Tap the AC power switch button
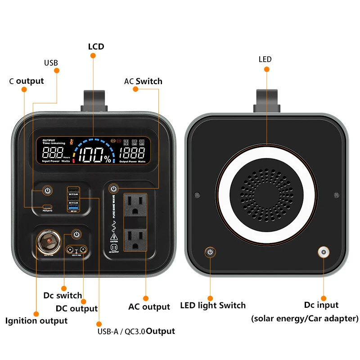(x=114, y=188)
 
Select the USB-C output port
(x=47, y=207)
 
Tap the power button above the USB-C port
(x=47, y=191)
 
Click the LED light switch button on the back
(x=210, y=252)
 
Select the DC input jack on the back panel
(x=323, y=252)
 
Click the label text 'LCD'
(x=95, y=46)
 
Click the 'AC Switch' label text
(x=143, y=81)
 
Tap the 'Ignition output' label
(x=36, y=321)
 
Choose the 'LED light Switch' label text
(x=213, y=306)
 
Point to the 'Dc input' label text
(x=321, y=305)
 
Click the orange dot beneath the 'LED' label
(x=266, y=69)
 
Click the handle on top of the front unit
(x=95, y=100)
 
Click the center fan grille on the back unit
(x=267, y=193)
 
